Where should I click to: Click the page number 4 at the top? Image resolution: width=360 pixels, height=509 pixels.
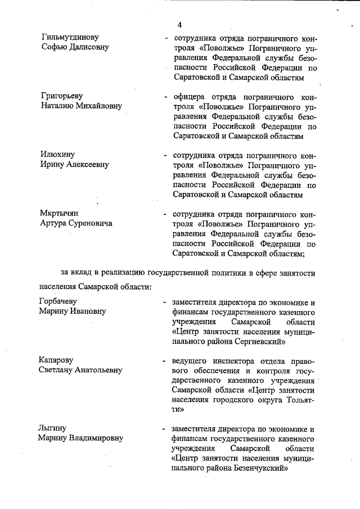coord(179,25)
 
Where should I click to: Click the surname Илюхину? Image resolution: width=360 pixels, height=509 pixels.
coord(57,154)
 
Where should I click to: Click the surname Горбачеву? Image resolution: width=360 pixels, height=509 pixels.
coord(61,301)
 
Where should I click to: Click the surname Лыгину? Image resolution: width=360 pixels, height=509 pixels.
coord(53,427)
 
